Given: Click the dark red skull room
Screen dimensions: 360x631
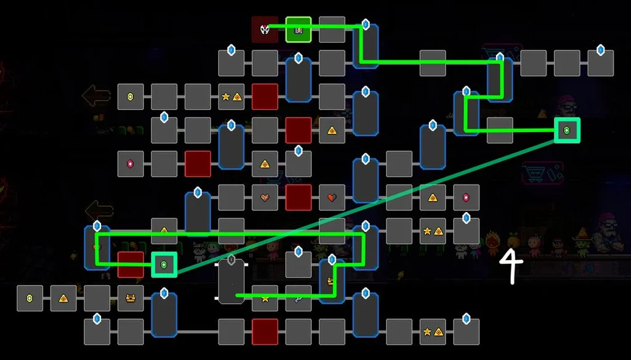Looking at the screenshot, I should point(265,30).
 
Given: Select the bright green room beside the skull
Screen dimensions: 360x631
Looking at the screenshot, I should point(298,30).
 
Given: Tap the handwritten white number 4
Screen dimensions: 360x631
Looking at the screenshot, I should point(511,267).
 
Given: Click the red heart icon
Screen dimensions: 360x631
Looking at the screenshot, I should point(332,197).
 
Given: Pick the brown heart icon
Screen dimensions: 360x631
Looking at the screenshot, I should point(265,197).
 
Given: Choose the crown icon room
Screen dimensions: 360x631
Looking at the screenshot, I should point(131,298).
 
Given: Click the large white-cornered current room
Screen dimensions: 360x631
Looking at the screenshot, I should point(231,281).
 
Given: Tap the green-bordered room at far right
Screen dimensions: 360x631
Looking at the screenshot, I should point(567,130).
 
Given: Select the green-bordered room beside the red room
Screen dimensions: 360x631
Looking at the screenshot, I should point(164,264).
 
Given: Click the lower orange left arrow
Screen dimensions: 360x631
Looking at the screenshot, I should point(99,210).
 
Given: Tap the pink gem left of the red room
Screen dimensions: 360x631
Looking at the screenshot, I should point(131,164).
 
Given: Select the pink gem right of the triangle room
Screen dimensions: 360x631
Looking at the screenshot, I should point(466,197).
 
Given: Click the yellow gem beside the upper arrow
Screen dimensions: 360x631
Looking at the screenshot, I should point(131,97).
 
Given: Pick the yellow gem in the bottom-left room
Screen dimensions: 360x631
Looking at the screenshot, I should point(30,298).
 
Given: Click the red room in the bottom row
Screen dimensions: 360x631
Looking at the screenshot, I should point(265,332).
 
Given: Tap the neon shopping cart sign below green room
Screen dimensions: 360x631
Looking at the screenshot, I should point(542,173).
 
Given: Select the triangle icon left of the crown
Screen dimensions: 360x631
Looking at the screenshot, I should point(63,298).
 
